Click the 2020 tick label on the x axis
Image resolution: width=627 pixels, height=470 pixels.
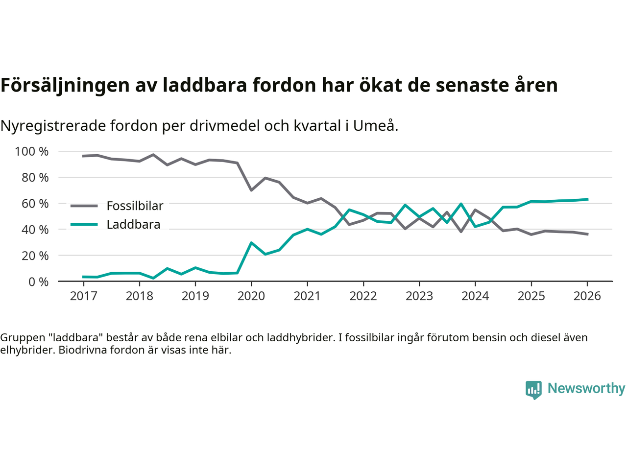[x=251, y=296]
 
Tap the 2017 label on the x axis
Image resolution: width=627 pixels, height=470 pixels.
[x=83, y=296]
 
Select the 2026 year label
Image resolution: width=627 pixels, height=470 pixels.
[x=587, y=296]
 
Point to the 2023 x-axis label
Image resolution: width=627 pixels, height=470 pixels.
[x=419, y=296]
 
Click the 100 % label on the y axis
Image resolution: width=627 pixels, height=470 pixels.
[x=32, y=151]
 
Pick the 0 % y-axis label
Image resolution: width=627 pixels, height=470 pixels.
[x=38, y=282]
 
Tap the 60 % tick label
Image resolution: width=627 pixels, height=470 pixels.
[x=35, y=203]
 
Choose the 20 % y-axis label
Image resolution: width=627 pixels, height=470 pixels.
[x=35, y=256]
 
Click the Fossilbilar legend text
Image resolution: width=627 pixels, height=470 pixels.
[x=135, y=206]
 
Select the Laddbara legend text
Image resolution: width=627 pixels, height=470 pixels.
[x=133, y=225]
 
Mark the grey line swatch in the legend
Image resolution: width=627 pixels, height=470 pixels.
[x=84, y=206]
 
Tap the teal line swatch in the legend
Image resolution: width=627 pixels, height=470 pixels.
[x=84, y=225]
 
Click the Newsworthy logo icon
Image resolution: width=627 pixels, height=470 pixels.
[x=533, y=390]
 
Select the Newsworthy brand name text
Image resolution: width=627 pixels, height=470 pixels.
[x=586, y=388]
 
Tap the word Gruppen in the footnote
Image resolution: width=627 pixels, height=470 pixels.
[x=18, y=337]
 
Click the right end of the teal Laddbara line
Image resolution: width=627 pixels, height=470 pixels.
[x=587, y=199]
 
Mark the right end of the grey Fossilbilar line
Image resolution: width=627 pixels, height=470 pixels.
[x=587, y=234]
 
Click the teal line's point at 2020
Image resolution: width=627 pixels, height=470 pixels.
[x=251, y=243]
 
